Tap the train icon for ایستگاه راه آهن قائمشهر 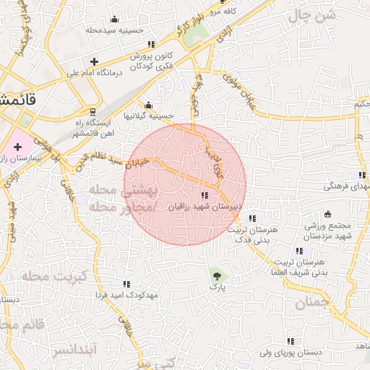(x=92, y=111)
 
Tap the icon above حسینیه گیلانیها (x=148, y=105)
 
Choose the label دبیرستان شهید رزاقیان (x=204, y=207)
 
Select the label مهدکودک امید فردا (x=127, y=295)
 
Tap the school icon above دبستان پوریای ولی (x=291, y=341)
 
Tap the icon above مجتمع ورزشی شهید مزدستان (x=327, y=214)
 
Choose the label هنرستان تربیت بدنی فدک (x=253, y=233)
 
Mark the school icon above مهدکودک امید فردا (x=127, y=284)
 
